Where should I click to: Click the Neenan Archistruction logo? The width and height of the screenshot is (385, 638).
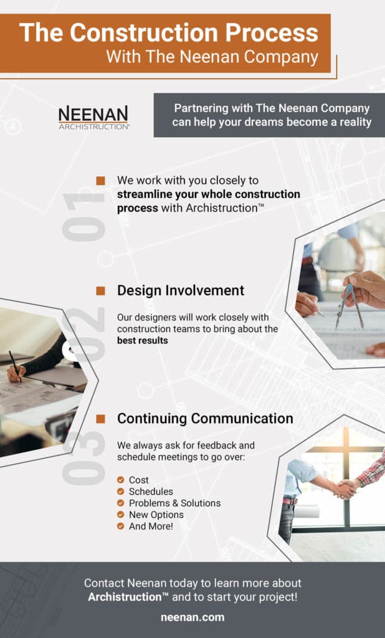click(93, 117)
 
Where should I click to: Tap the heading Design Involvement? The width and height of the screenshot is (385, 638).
click(181, 290)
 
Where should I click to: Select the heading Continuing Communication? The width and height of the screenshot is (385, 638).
click(205, 418)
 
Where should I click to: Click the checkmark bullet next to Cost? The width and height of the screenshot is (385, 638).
click(120, 480)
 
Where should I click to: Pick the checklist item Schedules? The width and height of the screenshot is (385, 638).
click(151, 492)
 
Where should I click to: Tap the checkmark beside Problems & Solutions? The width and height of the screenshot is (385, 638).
click(120, 503)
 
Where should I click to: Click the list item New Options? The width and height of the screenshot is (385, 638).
click(156, 515)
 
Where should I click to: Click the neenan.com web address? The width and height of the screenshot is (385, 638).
click(192, 617)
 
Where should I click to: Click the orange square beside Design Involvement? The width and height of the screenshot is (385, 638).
click(100, 290)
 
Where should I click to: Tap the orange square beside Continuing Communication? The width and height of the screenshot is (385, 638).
click(100, 418)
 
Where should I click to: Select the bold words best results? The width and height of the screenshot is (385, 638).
click(143, 341)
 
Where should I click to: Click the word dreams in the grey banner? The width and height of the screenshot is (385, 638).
click(271, 122)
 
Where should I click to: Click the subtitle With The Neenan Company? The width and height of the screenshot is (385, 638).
click(212, 57)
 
